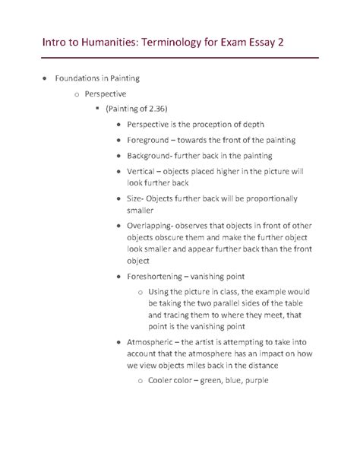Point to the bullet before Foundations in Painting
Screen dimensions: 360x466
coord(47,78)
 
